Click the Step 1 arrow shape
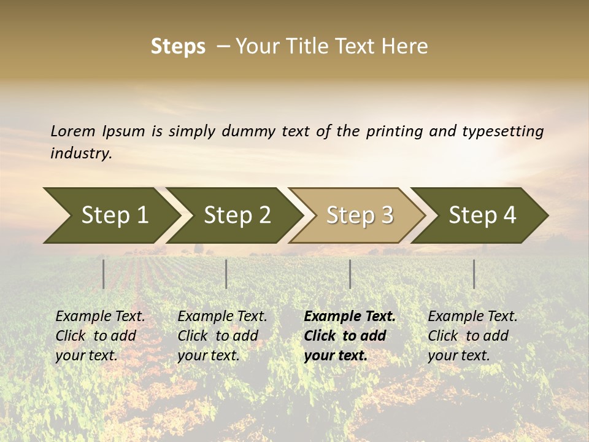pyautogui.click(x=110, y=215)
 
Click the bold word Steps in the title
pyautogui.click(x=178, y=47)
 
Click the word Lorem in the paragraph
pyautogui.click(x=73, y=131)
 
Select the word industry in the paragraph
pyautogui.click(x=81, y=153)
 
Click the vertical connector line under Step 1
pyautogui.click(x=103, y=274)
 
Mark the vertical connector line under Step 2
pyautogui.click(x=226, y=274)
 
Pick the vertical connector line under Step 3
pyautogui.click(x=350, y=274)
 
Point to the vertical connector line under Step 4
pyautogui.click(x=474, y=274)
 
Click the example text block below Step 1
pyautogui.click(x=100, y=336)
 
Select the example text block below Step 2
pyautogui.click(x=222, y=336)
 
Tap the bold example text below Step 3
pyautogui.click(x=350, y=336)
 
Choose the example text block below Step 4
pyautogui.click(x=472, y=336)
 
